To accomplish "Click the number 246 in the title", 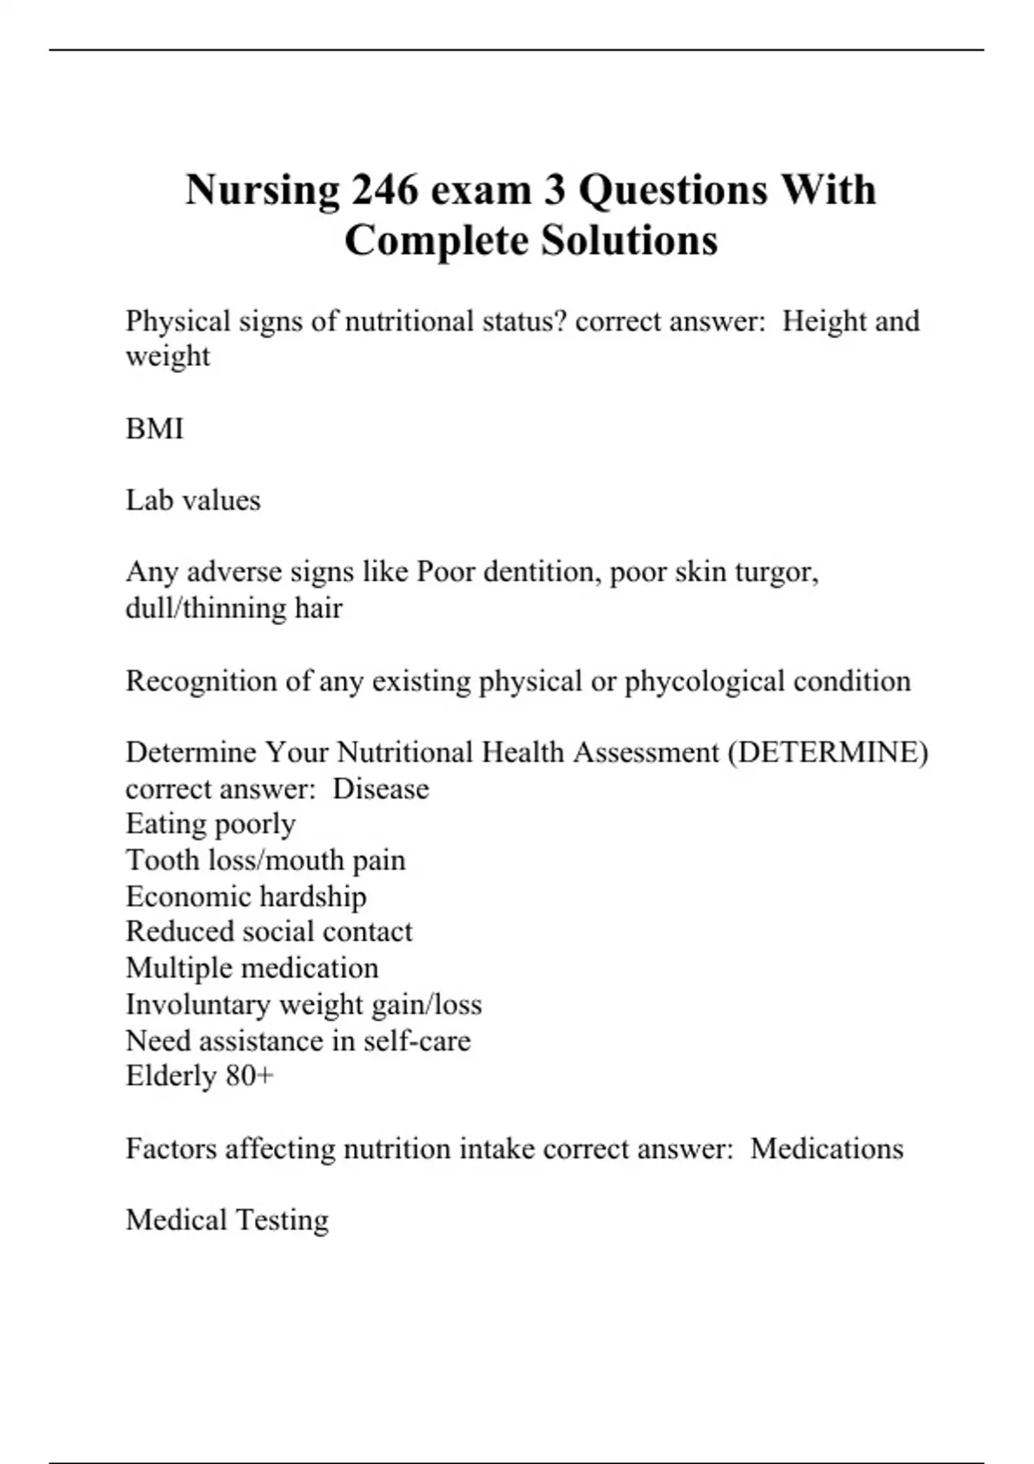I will pos(384,189).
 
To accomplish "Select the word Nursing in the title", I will pos(262,191).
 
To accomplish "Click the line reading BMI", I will pos(155,428).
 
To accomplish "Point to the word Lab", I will pos(145,500).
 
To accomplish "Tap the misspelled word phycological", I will pos(705,682).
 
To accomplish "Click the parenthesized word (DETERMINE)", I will pos(828,753).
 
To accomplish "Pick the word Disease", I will pos(381,789).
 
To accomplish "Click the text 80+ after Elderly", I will pos(250,1076).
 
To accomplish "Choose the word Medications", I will pos(826,1149).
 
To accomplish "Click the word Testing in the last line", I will pos(282,1221).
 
